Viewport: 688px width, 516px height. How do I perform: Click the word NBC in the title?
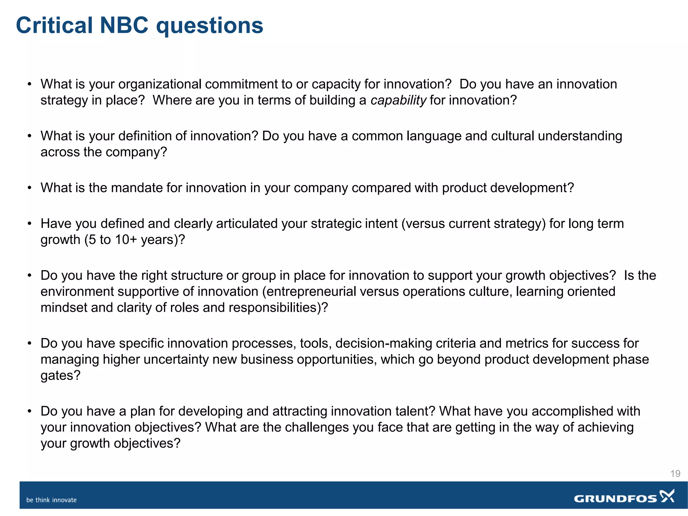[x=124, y=26]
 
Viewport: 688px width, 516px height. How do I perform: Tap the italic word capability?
[x=398, y=100]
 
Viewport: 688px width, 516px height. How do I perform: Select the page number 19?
[x=675, y=474]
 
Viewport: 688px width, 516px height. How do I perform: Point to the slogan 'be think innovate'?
[x=51, y=500]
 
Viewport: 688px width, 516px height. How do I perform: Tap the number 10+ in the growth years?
[x=126, y=240]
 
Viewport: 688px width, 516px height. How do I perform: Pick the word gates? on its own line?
[x=60, y=376]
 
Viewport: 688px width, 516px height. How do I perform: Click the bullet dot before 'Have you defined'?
[x=30, y=223]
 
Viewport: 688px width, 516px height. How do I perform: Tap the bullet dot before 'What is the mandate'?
[x=30, y=188]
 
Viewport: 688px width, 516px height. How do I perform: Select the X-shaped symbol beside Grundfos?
[x=667, y=496]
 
